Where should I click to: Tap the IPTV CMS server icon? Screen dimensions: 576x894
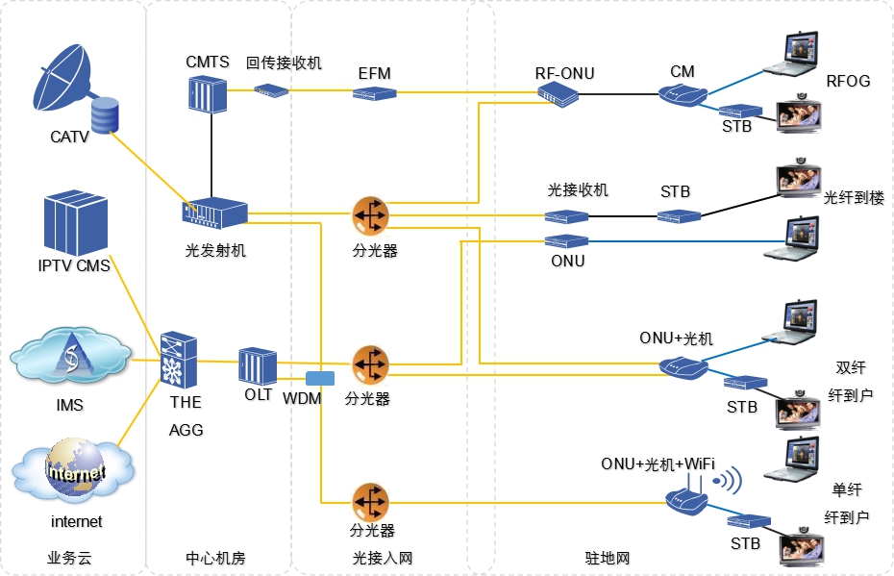[x=77, y=223]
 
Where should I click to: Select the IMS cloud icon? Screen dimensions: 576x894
[x=70, y=359]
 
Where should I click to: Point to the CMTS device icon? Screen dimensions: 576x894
[x=207, y=92]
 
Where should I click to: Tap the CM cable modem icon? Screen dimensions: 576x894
[x=683, y=93]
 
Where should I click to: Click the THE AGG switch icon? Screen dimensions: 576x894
[x=179, y=361]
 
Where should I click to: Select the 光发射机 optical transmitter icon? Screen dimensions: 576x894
[x=215, y=213]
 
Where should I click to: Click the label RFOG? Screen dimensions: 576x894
[x=848, y=81]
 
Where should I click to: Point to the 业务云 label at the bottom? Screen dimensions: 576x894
[x=69, y=558]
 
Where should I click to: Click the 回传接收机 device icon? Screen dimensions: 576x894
[x=271, y=90]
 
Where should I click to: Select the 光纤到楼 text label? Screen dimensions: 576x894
[x=854, y=198]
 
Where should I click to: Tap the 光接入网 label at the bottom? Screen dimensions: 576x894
[x=382, y=558]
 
